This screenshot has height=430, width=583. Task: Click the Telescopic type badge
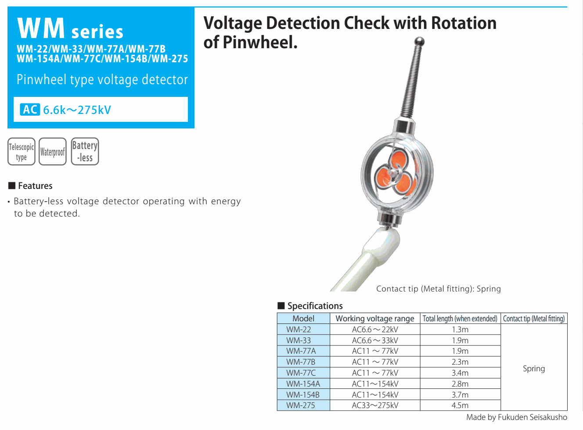tap(21, 152)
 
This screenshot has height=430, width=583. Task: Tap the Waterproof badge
tap(52, 152)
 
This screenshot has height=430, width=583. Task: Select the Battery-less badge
tap(85, 152)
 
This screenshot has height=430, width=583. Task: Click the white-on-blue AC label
tap(30, 110)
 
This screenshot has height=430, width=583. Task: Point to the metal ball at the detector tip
tap(420, 42)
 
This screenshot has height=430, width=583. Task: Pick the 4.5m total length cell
tap(460, 405)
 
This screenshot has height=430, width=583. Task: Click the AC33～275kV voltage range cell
tap(375, 405)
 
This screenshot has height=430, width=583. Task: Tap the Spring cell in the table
tap(534, 369)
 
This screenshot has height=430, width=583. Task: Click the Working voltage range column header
tap(375, 319)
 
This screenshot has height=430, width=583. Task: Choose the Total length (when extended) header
tap(460, 319)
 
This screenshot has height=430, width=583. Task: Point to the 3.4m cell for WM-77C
tap(460, 373)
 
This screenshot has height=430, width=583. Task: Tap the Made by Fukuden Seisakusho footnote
tap(516, 417)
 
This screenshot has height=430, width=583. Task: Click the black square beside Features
tap(12, 186)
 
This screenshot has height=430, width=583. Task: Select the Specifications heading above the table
tap(315, 306)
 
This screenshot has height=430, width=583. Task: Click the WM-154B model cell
tap(303, 395)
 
